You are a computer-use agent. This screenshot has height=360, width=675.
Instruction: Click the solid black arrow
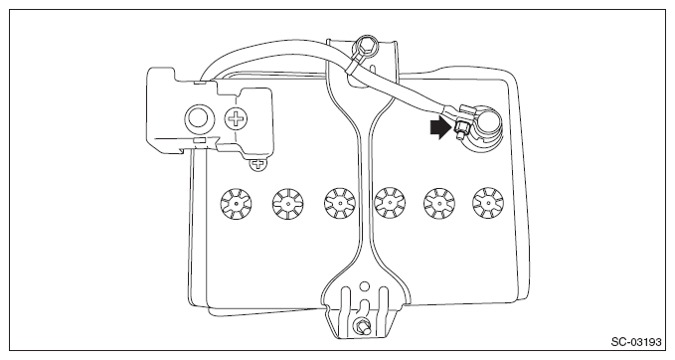[441, 129]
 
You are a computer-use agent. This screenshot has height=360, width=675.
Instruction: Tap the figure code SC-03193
[636, 342]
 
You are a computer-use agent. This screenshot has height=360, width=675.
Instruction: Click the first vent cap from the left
[237, 203]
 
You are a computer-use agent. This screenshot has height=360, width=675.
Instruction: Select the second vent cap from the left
[288, 203]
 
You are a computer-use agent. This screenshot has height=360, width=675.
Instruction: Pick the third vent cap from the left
[340, 203]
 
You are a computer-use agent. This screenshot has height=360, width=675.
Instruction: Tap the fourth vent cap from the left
[390, 203]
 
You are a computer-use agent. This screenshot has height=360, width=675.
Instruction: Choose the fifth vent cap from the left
[439, 203]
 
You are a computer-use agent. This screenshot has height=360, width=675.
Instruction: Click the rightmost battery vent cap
[488, 203]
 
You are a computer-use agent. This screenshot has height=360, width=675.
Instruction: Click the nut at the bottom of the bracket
[360, 325]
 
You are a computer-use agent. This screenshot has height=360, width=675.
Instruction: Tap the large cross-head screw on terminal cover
[237, 117]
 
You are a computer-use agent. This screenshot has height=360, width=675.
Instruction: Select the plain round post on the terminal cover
[198, 117]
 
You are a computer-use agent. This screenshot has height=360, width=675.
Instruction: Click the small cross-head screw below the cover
[258, 164]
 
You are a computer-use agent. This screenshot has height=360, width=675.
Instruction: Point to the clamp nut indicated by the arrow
[459, 127]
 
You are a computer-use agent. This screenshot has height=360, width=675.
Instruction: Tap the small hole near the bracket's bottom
[364, 285]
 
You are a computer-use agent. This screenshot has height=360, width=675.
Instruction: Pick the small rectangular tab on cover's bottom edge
[199, 140]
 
